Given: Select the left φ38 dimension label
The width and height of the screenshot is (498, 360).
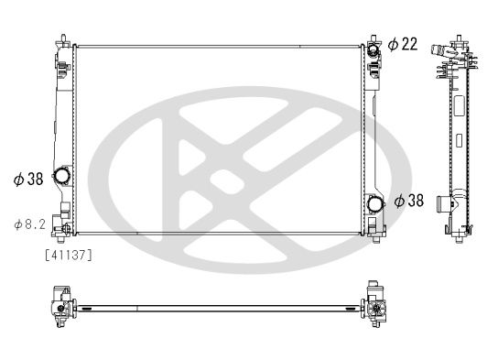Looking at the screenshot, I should point(28,180).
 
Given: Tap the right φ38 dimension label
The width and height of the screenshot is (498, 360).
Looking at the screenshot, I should point(409,200).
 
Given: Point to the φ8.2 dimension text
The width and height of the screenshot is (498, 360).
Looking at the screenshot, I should point(29,223).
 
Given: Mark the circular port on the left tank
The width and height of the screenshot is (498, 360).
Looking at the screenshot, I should point(62,176).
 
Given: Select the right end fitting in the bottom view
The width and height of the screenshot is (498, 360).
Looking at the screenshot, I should point(375,305).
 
